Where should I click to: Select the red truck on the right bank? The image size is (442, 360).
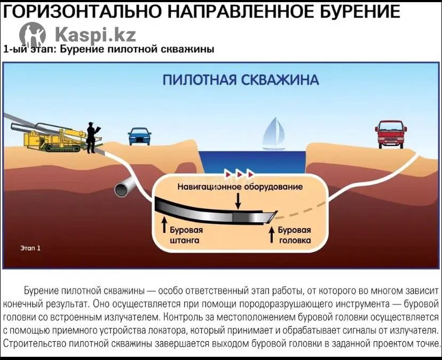pos(391,134)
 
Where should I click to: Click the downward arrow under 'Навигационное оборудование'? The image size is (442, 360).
pos(238,201)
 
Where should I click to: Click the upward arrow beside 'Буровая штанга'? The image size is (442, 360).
pos(164,224)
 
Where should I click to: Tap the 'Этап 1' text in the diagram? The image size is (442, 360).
pos(30,248)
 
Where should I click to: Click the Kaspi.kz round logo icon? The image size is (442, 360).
pos(33,35)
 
